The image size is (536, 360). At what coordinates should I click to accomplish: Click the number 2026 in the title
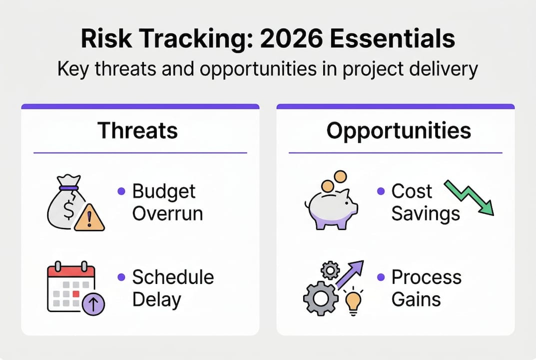click(x=291, y=38)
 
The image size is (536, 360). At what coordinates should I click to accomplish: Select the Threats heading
click(x=137, y=130)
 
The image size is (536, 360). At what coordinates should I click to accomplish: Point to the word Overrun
click(x=167, y=213)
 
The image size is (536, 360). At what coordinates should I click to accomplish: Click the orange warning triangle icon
click(x=89, y=217)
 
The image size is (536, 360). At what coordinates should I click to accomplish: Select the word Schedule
click(x=173, y=277)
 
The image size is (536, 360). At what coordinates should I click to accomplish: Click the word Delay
click(x=156, y=300)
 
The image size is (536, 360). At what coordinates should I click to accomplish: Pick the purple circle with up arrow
click(x=93, y=304)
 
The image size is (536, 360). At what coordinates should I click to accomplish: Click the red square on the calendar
click(x=76, y=293)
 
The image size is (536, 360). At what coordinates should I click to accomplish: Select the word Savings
click(x=426, y=214)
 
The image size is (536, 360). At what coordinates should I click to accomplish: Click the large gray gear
click(x=321, y=298)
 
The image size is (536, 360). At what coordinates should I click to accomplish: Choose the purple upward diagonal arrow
click(x=350, y=274)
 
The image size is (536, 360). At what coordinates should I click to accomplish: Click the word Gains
click(x=416, y=299)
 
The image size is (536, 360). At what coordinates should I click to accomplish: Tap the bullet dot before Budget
click(x=121, y=191)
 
